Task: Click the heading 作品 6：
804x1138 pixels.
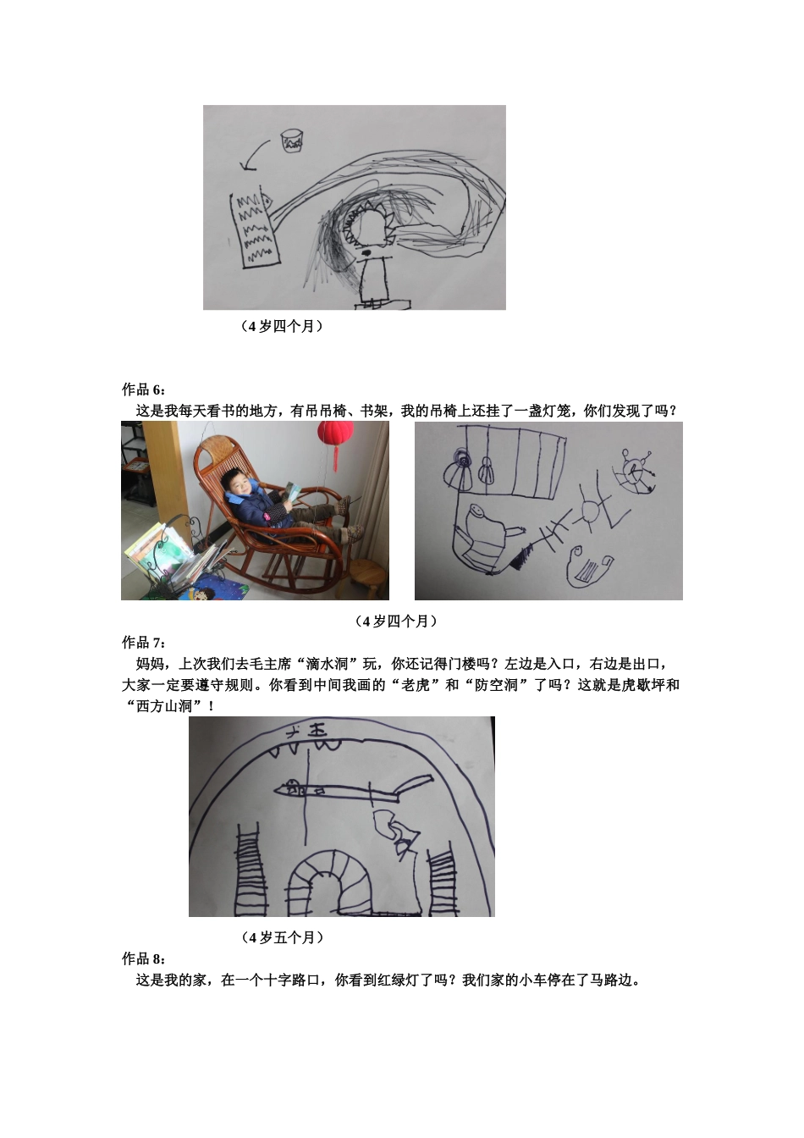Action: click(145, 389)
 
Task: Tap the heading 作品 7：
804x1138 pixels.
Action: click(145, 643)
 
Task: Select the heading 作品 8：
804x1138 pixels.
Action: click(145, 958)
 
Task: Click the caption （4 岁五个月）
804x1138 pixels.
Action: click(283, 937)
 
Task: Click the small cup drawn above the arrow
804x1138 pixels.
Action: click(292, 141)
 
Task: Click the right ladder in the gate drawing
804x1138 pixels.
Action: click(443, 881)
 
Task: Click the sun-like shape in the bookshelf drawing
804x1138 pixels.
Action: click(587, 511)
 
